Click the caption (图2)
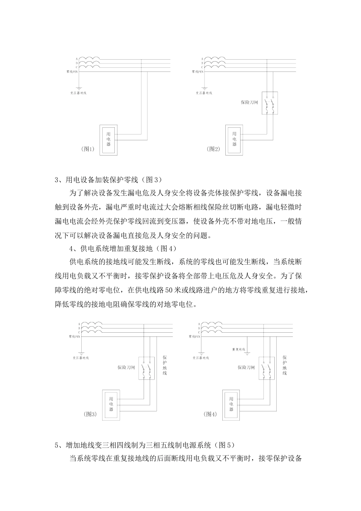pos(214,149)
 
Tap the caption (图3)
pos(90,414)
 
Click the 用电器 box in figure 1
pos(108,139)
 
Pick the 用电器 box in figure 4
pos(231,404)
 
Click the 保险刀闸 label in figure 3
pos(126,368)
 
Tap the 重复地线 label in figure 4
pos(238,349)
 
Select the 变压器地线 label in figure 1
pos(78,93)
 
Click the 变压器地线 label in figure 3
pos(81,358)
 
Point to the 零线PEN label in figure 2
pos(197,71)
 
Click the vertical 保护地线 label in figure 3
pos(165,365)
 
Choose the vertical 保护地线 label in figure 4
pos(285,365)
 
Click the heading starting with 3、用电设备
pos(109,179)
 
